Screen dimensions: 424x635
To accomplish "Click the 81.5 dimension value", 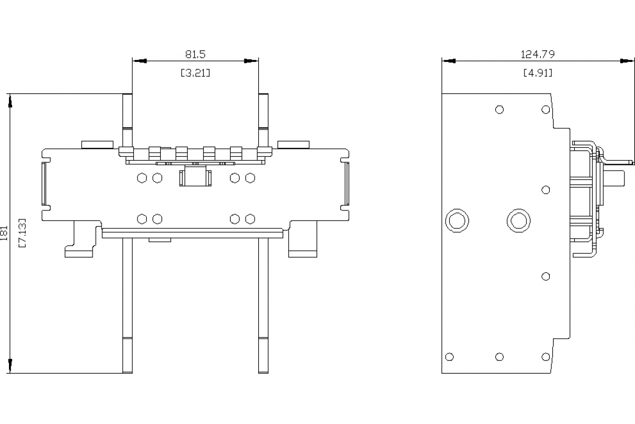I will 195,54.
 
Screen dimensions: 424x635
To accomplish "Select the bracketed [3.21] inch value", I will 195,73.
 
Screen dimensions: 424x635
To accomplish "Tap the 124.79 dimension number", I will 538,54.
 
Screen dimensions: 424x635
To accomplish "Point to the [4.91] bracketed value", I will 538,73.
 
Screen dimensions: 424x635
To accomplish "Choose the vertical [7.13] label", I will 22,233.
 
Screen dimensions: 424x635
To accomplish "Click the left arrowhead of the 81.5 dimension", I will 139,61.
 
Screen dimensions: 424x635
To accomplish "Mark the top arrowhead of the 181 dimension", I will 10,101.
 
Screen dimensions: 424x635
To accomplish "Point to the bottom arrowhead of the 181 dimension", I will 10,366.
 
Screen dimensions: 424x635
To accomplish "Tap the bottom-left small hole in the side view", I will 450,357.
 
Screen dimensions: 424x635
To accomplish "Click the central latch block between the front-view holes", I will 195,178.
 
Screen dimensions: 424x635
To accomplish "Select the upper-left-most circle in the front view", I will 141,178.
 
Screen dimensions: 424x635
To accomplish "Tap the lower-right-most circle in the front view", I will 250,219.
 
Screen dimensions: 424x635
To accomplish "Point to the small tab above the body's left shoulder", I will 97,144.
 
